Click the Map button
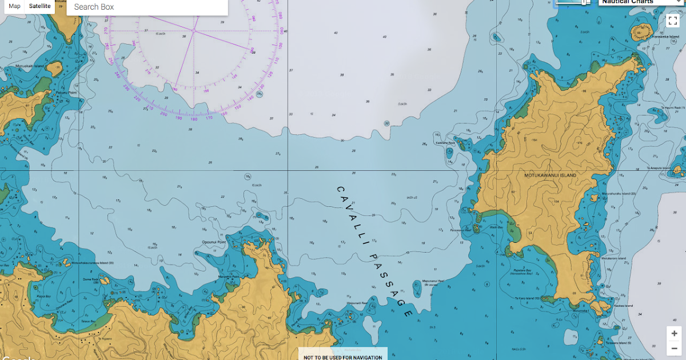[x=15, y=6]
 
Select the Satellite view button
[x=39, y=6]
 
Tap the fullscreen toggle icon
[x=672, y=21]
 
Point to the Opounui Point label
[x=214, y=242]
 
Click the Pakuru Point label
[x=66, y=92]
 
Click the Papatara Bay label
[x=523, y=270]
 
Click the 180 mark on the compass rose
[x=194, y=118]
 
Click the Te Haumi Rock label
[x=672, y=107]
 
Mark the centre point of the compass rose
[x=194, y=30]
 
